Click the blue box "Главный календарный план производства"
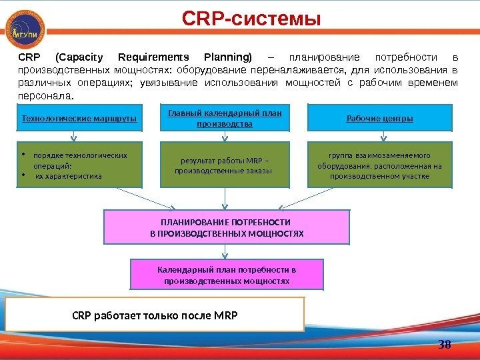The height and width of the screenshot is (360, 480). pyautogui.click(x=225, y=118)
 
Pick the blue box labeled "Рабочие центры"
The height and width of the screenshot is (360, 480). pyautogui.click(x=380, y=119)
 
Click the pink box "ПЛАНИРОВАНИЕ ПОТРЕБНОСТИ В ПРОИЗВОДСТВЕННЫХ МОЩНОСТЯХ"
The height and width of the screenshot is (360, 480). pyautogui.click(x=226, y=227)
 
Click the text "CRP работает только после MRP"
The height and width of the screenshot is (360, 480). pyautogui.click(x=155, y=314)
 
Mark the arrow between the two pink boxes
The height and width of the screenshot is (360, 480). pyautogui.click(x=226, y=251)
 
